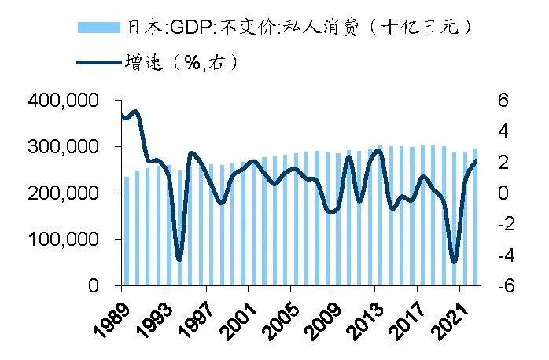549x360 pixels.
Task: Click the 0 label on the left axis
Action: tap(103, 286)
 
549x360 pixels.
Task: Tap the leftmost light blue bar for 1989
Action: tap(127, 231)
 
